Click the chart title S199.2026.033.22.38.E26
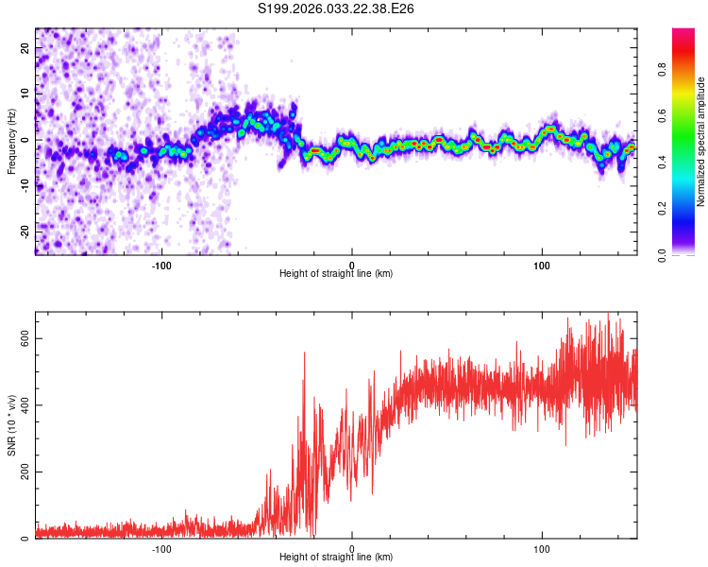337,9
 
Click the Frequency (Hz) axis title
11,140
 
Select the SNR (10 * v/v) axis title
11,424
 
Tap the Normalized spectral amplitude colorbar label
700,142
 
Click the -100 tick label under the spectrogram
161,265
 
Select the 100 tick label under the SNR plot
542,548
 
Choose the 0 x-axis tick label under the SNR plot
352,548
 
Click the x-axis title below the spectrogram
336,274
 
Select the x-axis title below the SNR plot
336,558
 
